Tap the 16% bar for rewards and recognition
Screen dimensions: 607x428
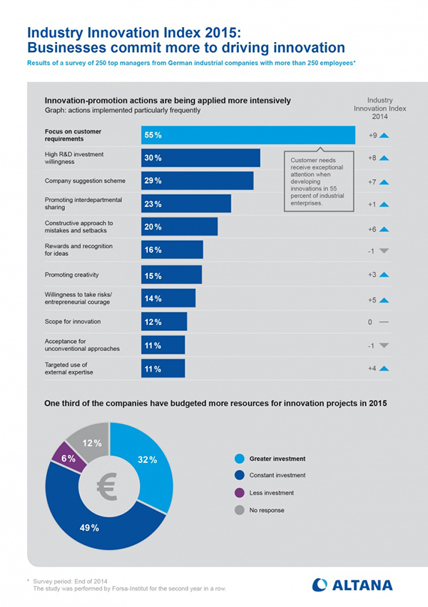point(172,250)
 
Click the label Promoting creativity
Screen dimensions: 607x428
point(71,275)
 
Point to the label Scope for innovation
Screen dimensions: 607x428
point(73,322)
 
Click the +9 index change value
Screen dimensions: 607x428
point(372,136)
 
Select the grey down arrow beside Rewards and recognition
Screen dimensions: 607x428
point(384,250)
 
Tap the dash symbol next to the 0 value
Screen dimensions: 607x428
point(384,322)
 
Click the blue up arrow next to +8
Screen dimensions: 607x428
point(384,158)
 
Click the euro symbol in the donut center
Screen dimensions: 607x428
point(109,487)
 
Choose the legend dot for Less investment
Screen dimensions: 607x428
point(239,492)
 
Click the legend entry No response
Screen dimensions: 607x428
point(267,509)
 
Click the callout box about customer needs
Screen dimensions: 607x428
point(318,181)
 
